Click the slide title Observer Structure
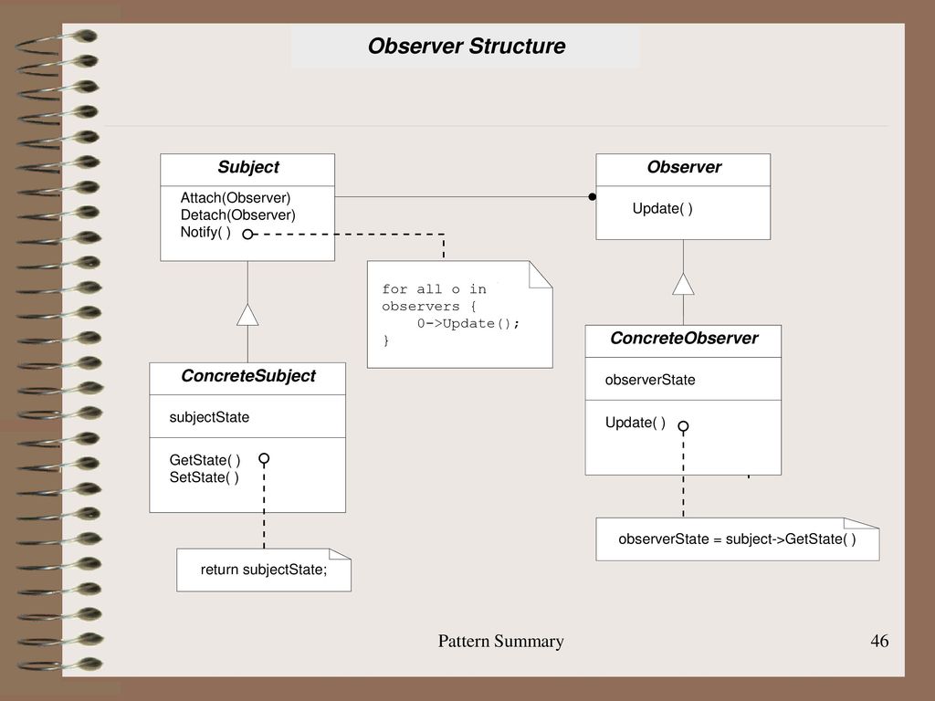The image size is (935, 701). [x=467, y=46]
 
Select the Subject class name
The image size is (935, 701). [x=248, y=167]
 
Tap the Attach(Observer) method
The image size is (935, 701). [x=236, y=198]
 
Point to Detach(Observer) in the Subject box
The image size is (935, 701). [x=238, y=215]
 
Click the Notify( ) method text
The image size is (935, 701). [x=205, y=232]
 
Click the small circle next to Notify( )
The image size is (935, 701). [x=247, y=235]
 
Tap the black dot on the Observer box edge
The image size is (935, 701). [x=592, y=197]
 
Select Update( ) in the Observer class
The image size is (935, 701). [x=663, y=209]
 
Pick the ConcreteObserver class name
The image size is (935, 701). [x=684, y=338]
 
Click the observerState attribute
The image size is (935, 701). [x=650, y=380]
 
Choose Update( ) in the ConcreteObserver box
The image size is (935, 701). [x=636, y=423]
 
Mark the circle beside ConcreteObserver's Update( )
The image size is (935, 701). [x=683, y=426]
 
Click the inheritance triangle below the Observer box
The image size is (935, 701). [x=683, y=285]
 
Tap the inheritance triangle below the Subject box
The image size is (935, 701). [x=247, y=315]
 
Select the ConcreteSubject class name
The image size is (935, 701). [x=248, y=375]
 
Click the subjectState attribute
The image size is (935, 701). [x=209, y=417]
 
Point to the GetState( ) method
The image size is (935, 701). [x=205, y=460]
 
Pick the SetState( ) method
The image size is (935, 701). [x=204, y=477]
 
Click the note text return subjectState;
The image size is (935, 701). [x=264, y=570]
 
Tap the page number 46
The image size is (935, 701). [x=879, y=641]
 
